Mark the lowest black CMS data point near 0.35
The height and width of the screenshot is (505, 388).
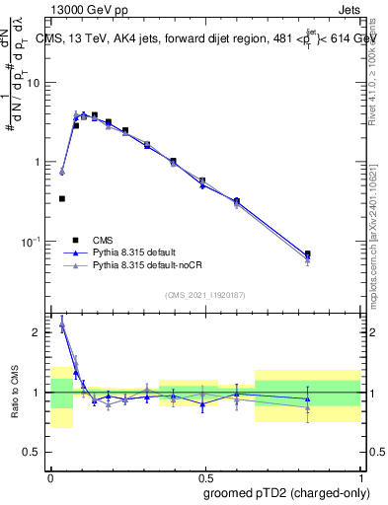[62, 198]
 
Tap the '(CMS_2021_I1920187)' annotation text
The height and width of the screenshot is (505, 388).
[205, 295]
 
